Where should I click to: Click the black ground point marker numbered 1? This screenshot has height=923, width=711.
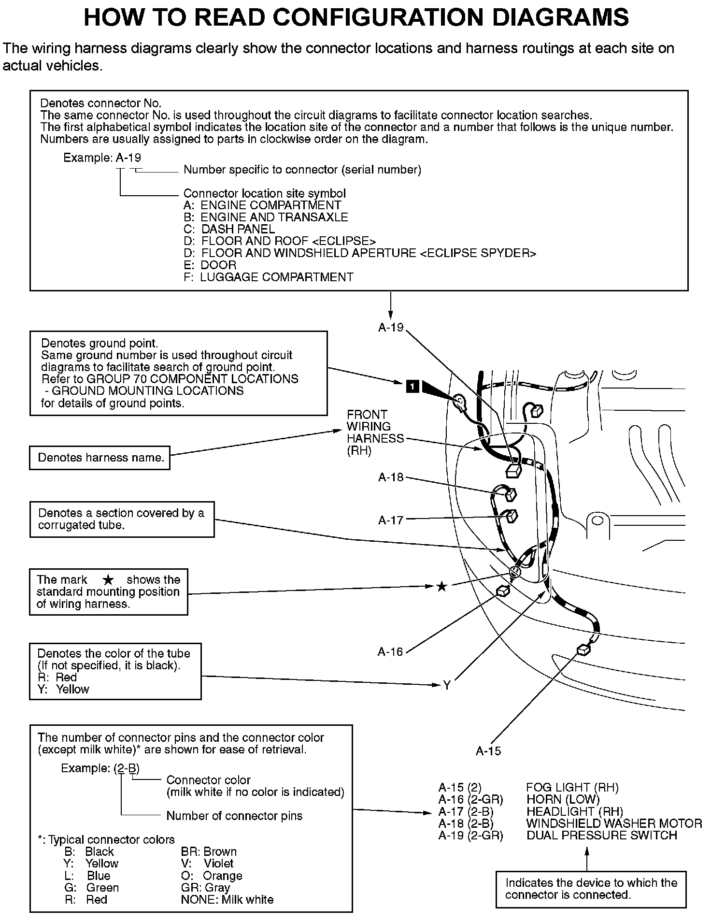click(x=412, y=387)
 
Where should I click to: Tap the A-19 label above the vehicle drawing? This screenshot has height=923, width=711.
click(x=390, y=328)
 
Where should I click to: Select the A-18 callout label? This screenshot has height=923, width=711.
click(x=390, y=477)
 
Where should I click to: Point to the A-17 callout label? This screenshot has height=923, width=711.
click(x=390, y=520)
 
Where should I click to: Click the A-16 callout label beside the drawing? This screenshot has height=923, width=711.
click(x=390, y=652)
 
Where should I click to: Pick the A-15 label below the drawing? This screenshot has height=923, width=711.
click(x=488, y=751)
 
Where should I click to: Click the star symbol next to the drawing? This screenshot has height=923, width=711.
click(x=441, y=587)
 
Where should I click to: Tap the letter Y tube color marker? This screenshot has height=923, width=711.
click(x=447, y=685)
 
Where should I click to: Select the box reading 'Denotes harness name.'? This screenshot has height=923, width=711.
click(x=100, y=458)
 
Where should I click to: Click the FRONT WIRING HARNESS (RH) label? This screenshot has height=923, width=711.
click(x=375, y=433)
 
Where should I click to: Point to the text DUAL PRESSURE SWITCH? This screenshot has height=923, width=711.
click(x=601, y=836)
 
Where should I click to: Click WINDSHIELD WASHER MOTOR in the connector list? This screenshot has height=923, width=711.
click(x=614, y=823)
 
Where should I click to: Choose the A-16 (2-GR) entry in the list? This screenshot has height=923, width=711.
click(x=470, y=800)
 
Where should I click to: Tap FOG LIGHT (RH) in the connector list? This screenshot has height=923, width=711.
click(x=572, y=788)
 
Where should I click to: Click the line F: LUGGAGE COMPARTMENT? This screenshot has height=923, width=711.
click(x=269, y=277)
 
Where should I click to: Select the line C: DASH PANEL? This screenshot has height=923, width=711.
click(x=229, y=230)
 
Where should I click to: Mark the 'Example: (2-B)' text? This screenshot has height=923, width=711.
click(x=100, y=768)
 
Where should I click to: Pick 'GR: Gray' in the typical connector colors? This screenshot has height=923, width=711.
click(x=205, y=888)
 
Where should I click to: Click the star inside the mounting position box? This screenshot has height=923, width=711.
click(x=108, y=580)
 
